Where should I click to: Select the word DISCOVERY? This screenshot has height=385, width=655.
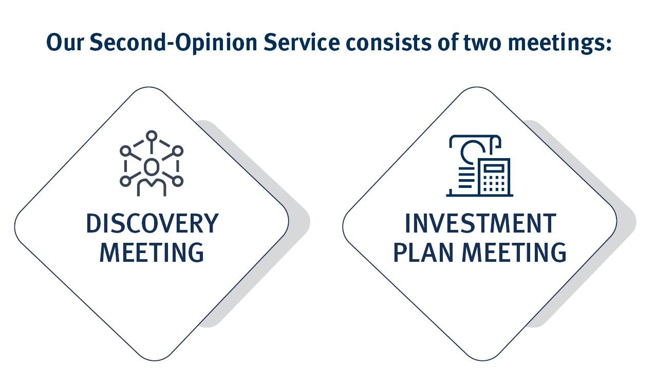(x=152, y=223)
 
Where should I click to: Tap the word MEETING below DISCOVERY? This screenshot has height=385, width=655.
(x=152, y=253)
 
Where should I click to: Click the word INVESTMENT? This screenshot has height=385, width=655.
(x=480, y=223)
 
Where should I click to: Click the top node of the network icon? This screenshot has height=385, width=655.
(x=151, y=136)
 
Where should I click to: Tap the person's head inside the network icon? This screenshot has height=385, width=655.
(x=151, y=166)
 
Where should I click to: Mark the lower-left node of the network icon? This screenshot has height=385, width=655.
(x=125, y=181)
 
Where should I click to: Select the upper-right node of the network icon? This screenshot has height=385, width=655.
(x=177, y=150)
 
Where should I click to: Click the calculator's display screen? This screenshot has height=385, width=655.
(x=494, y=168)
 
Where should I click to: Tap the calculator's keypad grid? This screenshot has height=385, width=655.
(x=494, y=184)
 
